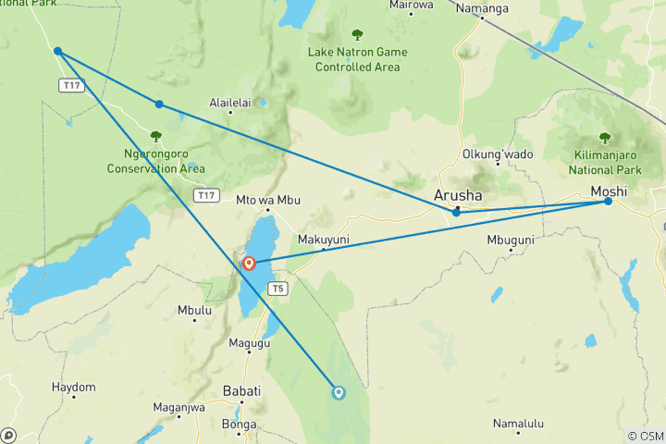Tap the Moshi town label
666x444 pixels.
click(610, 191)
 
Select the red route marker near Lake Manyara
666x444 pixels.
click(249, 264)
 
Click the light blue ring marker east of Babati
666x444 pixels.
click(339, 392)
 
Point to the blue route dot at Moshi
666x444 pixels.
click(608, 201)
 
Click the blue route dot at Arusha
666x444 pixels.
click(456, 213)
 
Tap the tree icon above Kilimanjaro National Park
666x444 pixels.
click(605, 138)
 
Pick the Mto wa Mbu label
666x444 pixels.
click(269, 200)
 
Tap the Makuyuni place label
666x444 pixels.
click(323, 240)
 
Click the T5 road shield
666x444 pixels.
click(277, 289)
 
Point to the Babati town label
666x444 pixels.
click(241, 391)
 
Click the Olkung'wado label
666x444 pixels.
click(498, 154)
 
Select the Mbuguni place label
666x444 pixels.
click(510, 240)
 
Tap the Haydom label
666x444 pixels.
click(73, 387)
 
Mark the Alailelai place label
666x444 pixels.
click(230, 103)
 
